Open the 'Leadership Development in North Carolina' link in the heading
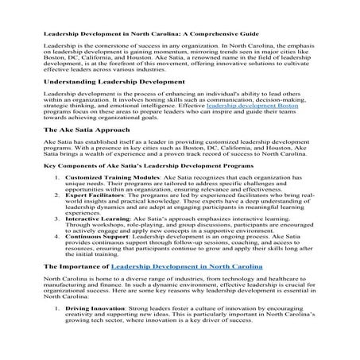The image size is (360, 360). (x=186, y=267)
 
